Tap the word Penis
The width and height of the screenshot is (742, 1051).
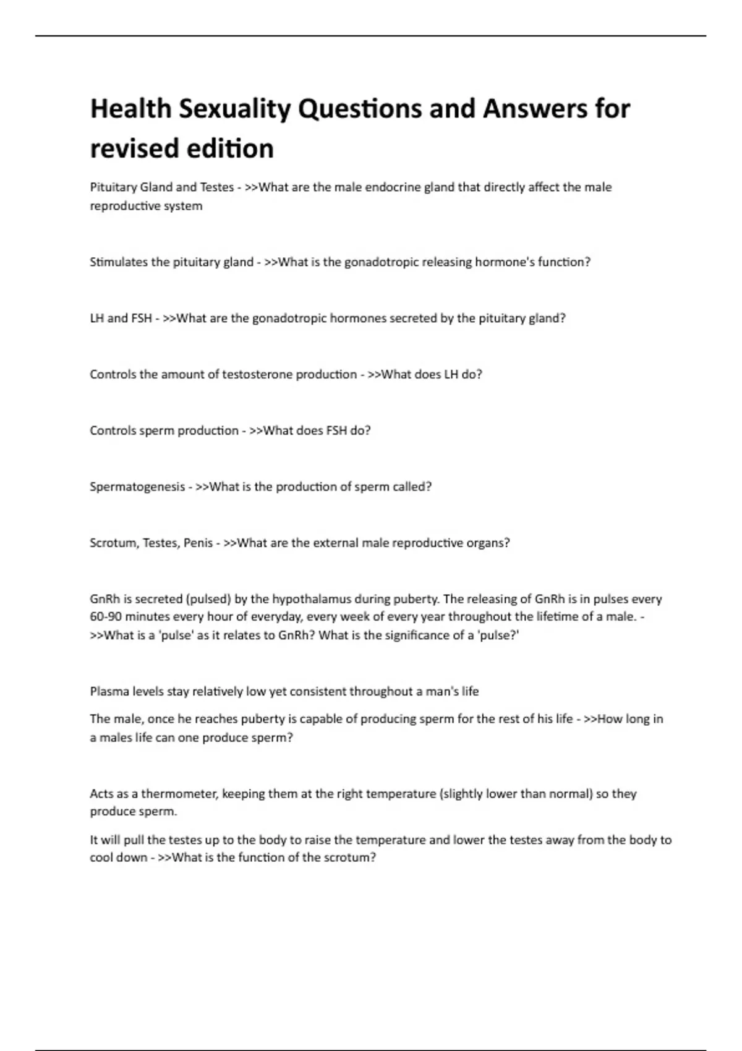click(198, 543)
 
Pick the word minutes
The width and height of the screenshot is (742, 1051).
click(147, 617)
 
